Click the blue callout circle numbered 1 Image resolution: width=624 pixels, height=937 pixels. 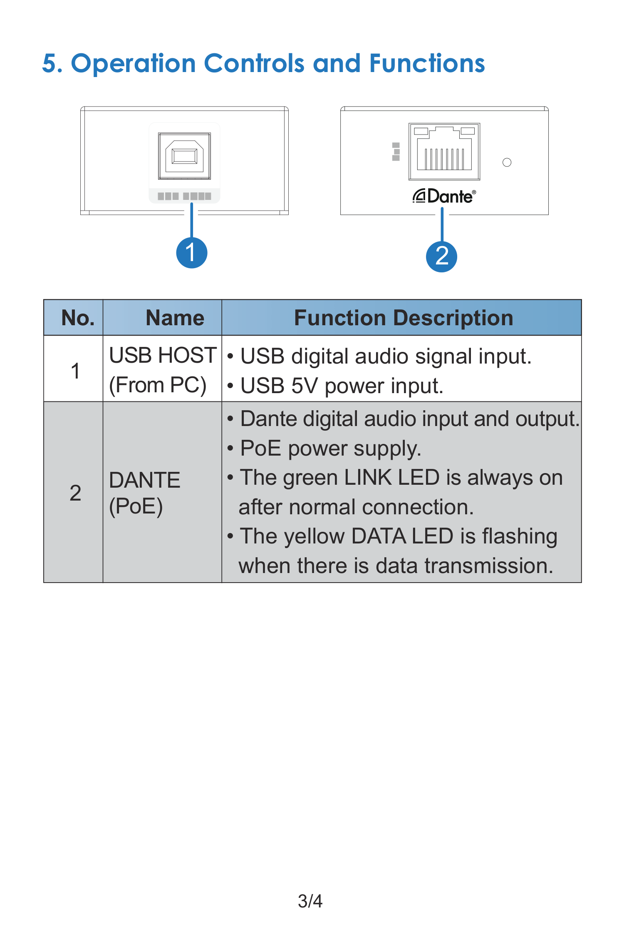tap(192, 253)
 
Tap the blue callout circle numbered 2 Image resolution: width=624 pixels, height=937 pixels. tap(441, 257)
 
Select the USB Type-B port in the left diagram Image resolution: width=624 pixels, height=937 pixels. tap(184, 156)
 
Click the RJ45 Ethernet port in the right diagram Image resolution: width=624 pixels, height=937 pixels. tap(444, 151)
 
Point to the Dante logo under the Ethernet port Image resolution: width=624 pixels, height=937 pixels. tap(444, 196)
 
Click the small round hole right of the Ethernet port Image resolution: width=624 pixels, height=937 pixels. tap(507, 162)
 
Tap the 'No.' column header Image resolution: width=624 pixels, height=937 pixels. tap(78, 318)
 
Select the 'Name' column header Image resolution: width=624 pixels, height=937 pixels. tap(175, 318)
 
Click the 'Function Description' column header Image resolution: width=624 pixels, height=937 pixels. tap(404, 318)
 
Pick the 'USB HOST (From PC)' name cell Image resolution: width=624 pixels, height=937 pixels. tap(163, 370)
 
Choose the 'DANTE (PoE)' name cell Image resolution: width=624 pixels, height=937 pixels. tap(144, 493)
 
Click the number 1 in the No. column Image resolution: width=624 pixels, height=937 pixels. tap(75, 371)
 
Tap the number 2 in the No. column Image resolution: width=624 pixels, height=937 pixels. tap(75, 493)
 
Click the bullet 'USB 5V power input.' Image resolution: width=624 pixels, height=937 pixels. tap(335, 386)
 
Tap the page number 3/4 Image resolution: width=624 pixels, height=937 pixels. tap(310, 901)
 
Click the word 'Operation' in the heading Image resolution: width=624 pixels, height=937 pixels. tap(133, 64)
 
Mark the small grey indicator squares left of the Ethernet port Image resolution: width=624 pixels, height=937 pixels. tap(396, 152)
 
